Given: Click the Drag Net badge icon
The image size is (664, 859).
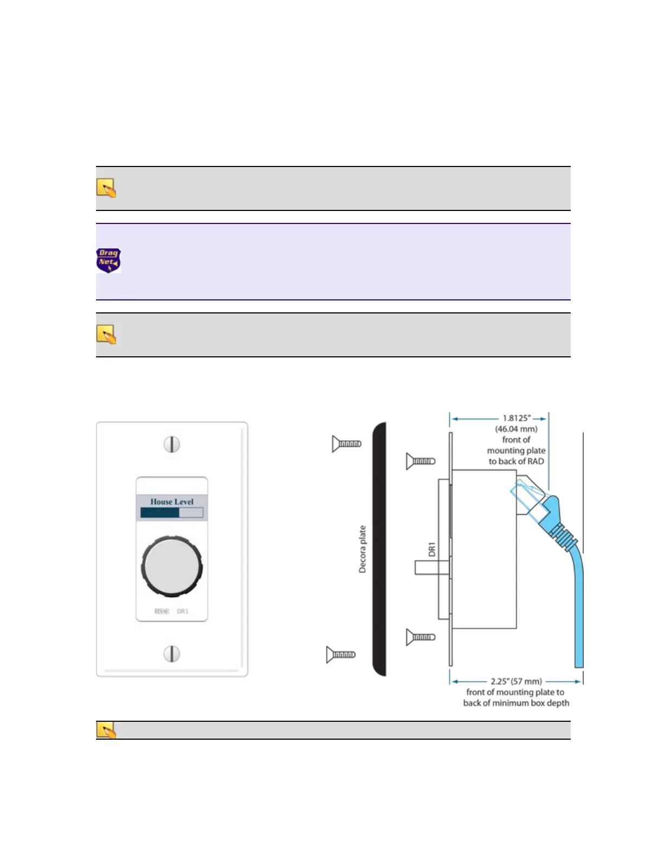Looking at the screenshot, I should coord(108,260).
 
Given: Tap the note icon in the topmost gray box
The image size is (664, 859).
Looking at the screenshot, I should coord(106,188).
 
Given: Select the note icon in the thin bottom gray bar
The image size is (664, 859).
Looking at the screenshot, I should coord(106,730).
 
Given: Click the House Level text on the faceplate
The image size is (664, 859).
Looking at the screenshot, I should coord(171,502).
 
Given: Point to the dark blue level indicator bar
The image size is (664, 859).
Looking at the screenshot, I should coord(160,512).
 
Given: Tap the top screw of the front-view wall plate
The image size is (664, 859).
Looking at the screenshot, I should coord(171,445).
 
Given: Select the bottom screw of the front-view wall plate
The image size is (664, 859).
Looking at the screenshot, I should coord(171,654).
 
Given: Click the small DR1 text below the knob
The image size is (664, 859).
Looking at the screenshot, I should coord(182,611).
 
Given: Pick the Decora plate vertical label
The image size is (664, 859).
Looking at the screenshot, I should coord(362,549).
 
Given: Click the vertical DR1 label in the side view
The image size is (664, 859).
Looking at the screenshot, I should coord(432,549).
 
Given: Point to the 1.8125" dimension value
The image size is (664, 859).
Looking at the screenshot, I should coord(516,418).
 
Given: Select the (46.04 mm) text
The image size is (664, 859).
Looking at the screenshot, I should coord(516,429).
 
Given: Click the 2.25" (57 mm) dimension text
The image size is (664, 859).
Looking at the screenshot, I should coord(516,682).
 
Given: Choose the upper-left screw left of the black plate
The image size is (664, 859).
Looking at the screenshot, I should coord(346,444).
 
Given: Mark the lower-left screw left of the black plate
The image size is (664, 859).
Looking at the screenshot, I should coord(341,655).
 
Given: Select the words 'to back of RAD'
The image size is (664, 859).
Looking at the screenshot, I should coord(516,461).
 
